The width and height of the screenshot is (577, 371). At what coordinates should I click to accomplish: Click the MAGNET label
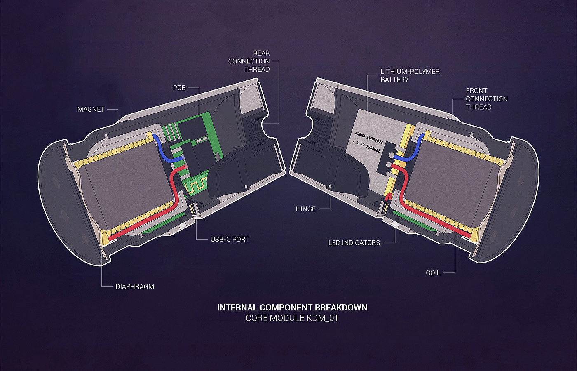point(91,109)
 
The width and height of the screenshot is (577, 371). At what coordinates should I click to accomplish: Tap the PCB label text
point(179,88)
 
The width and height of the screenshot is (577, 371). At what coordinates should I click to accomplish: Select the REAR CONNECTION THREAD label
point(249,61)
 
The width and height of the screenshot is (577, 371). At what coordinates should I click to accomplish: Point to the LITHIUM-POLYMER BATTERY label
point(410,75)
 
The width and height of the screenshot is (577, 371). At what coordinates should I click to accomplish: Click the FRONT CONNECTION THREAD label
point(486,99)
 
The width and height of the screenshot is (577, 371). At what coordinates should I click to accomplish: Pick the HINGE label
point(305,209)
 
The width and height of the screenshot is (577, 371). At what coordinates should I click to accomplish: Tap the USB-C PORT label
point(230,239)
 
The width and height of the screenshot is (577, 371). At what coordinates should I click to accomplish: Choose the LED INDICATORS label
point(354,243)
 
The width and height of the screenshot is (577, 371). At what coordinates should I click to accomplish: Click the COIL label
point(433,272)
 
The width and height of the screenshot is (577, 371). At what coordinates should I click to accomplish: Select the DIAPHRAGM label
point(134,286)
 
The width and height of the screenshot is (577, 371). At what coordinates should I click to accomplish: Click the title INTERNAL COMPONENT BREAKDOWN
point(292,308)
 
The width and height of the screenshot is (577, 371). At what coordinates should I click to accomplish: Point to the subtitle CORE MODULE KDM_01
point(292,318)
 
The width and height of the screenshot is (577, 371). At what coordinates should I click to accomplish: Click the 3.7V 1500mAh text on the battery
point(368,147)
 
